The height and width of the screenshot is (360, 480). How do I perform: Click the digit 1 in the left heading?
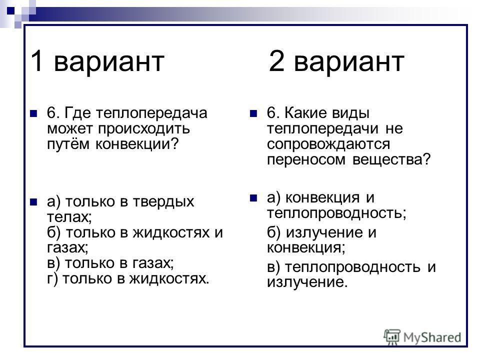pos(36,60)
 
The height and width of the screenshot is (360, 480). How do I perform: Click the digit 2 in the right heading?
pos(276,60)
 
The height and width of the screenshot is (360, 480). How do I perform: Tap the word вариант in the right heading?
pos(349,62)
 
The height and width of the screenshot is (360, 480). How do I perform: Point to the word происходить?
pos(144,129)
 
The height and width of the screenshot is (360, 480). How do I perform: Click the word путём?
pos(68,144)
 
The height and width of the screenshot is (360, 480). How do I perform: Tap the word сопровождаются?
pos(328,144)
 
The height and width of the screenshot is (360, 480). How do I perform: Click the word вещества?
pos(391,159)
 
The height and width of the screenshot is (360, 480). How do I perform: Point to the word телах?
pos(69,217)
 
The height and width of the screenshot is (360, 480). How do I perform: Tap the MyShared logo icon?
pos(392,337)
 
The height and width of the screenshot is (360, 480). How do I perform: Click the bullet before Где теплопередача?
pos(33,114)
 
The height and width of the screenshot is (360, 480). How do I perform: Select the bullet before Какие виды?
pos(253,114)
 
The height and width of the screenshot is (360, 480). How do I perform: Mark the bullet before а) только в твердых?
pos(33,202)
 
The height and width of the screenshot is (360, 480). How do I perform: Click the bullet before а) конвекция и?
pos(253,198)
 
